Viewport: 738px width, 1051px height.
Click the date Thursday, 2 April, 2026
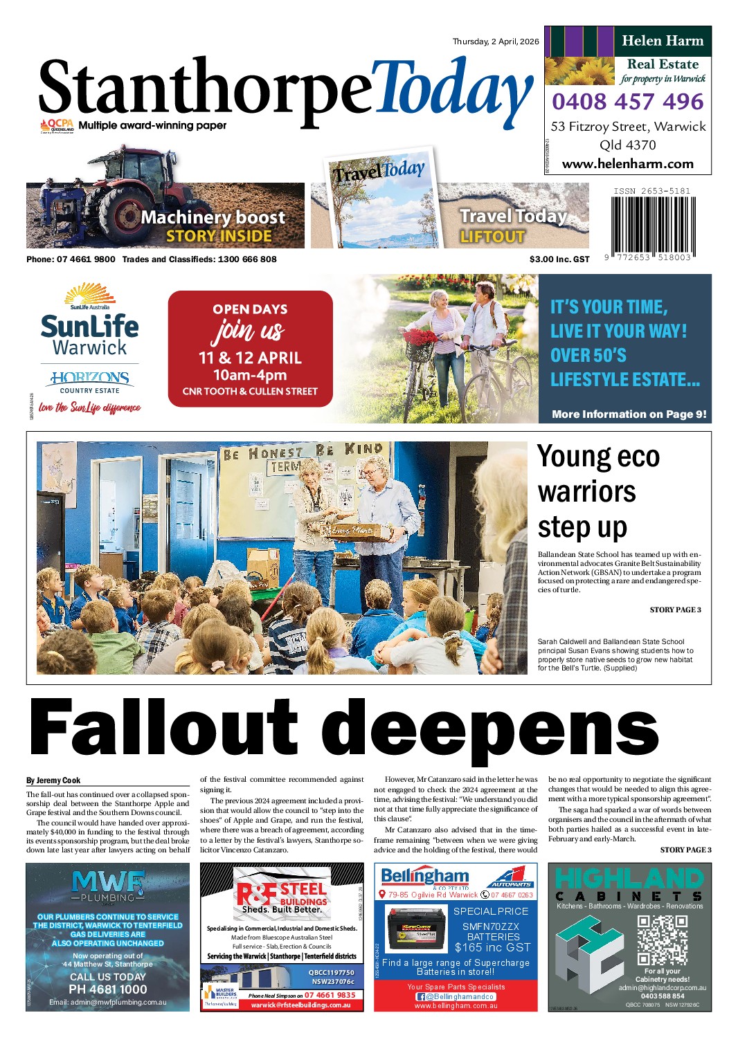coord(495,42)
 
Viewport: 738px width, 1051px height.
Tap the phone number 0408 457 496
coord(627,102)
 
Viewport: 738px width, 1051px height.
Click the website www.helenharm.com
coord(627,164)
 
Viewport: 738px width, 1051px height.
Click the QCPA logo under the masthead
coord(57,126)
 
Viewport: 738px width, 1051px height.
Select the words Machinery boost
coord(213,217)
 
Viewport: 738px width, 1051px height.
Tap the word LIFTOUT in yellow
coord(492,237)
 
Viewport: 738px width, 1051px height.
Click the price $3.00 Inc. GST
coord(559,259)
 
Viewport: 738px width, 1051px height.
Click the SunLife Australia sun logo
coord(89,294)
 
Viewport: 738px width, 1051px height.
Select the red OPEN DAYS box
coord(250,349)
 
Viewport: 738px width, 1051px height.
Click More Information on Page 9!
coord(629,414)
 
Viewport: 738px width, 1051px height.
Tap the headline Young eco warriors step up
coord(598,491)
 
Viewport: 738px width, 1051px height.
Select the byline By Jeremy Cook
coord(53,780)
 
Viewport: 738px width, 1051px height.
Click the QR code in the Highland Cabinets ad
coord(662,939)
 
